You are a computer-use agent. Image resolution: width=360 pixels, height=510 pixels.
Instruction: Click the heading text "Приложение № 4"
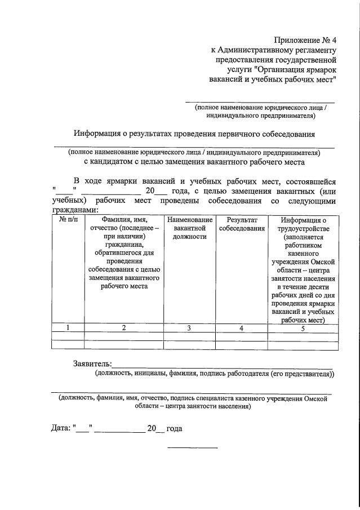pos(304,39)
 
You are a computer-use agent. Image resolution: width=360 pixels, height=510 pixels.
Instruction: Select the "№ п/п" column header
pos(68,219)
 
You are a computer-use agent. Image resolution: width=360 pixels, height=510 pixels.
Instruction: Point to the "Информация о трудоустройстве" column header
pos(303,224)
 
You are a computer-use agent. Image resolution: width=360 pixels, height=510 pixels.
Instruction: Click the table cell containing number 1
pos(68,328)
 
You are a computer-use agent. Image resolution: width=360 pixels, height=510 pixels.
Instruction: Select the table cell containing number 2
pos(123,328)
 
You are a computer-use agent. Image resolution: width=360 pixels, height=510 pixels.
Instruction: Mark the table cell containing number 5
pos(303,328)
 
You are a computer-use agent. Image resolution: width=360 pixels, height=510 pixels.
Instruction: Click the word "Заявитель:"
pos(92,363)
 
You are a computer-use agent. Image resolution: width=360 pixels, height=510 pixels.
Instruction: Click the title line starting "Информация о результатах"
pos(194,134)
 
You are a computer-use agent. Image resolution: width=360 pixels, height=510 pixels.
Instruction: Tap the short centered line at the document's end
pos(193,447)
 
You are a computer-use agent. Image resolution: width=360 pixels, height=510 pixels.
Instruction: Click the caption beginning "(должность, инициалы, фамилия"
pos(214,373)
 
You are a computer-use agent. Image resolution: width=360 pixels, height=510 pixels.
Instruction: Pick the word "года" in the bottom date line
pos(174,428)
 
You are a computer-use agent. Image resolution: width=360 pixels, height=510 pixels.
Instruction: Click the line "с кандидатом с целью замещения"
pos(194,162)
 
